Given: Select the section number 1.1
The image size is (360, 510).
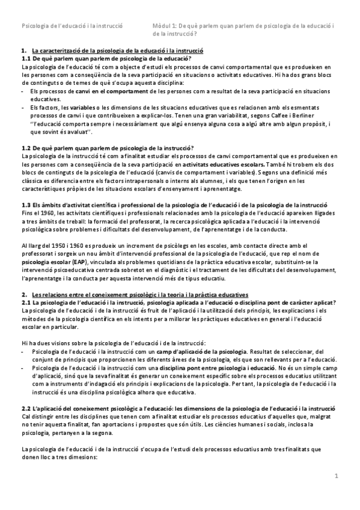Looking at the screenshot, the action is (x=26, y=59).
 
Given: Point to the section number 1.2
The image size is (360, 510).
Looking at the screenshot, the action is (x=26, y=149).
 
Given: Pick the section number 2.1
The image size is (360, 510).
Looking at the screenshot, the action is (x=26, y=302).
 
